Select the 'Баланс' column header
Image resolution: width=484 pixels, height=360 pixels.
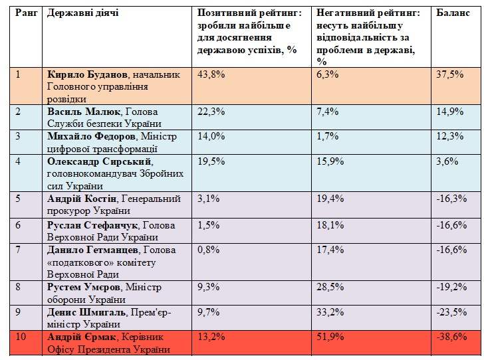pyautogui.click(x=452, y=13)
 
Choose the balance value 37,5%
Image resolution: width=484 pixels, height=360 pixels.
pyautogui.click(x=449, y=74)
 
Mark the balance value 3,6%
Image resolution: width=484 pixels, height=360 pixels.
pyautogui.click(x=447, y=161)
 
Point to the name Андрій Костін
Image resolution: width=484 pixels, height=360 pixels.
pyautogui.click(x=79, y=198)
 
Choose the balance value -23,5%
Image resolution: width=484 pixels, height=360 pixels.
pyautogui.click(x=451, y=312)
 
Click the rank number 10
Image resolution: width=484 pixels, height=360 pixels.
pyautogui.click(x=21, y=336)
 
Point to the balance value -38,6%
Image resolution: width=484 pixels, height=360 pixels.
pyautogui.click(x=451, y=336)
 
